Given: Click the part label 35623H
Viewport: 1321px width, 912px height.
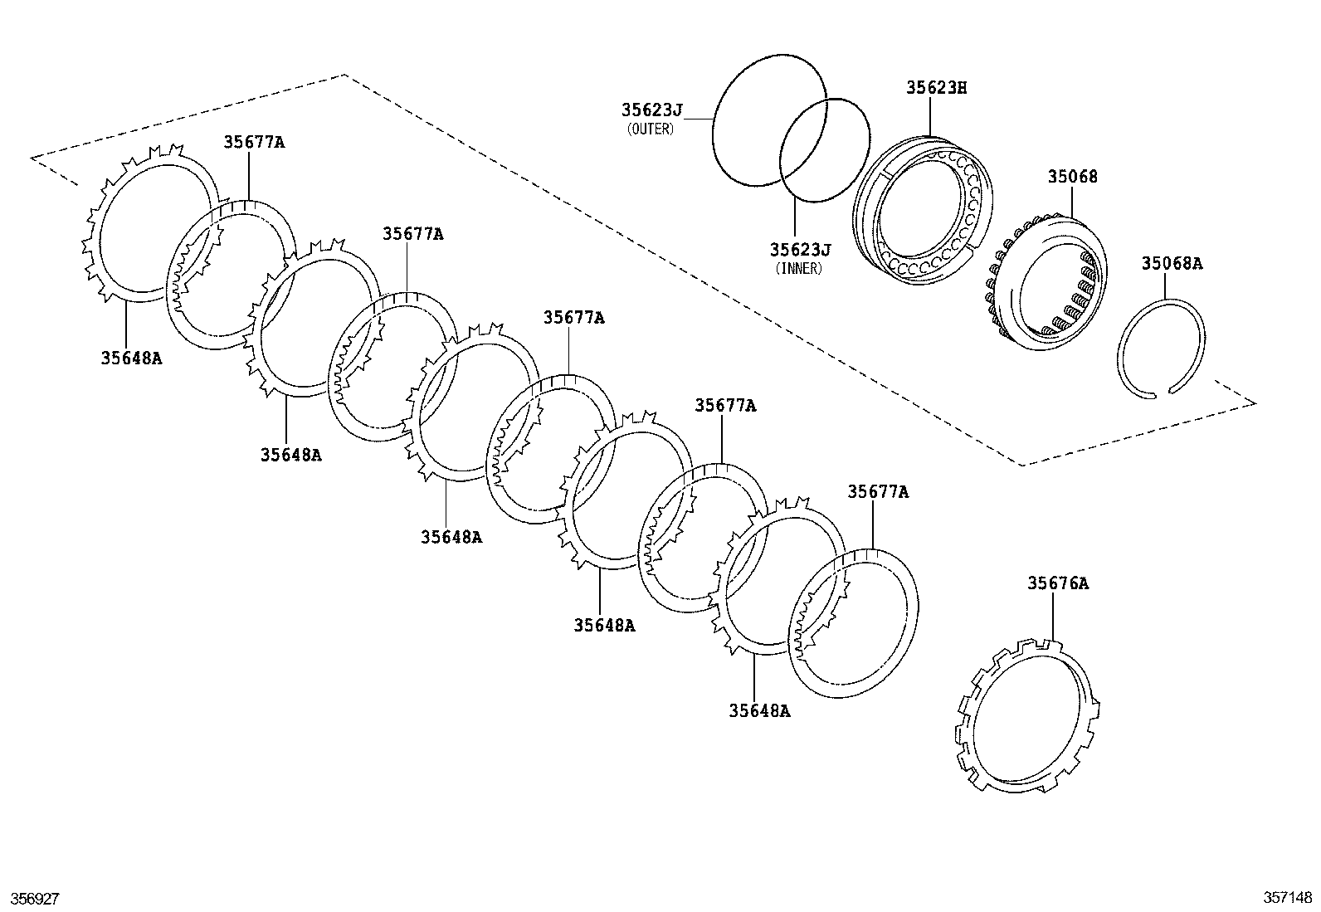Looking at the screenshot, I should point(936,88).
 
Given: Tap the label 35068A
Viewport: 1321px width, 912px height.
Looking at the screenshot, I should point(1171,264).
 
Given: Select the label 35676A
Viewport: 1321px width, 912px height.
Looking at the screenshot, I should point(1057,583).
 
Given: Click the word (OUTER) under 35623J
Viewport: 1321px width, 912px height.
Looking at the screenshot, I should point(651,129).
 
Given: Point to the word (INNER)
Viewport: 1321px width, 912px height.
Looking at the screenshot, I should point(798,269).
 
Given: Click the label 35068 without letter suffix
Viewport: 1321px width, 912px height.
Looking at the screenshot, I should point(1072,177).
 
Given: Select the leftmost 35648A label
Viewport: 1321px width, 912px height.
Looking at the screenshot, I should point(131,358).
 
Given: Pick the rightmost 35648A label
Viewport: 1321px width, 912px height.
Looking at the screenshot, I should point(759,710).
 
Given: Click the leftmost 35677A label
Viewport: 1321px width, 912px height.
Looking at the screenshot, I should point(253,142).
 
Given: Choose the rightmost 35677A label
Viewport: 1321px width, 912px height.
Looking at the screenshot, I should point(877,492).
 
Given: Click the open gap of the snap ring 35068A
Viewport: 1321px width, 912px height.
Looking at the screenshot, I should point(1160,392).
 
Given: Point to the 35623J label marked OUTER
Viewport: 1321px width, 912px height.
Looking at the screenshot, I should point(651,110).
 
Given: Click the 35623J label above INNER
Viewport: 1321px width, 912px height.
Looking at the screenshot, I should point(799,250).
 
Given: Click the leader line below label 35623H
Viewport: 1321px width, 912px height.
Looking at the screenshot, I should point(931,116).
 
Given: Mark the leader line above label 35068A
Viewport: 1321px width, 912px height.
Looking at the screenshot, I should point(1165,287).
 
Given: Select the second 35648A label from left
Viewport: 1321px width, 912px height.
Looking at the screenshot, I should point(290,455).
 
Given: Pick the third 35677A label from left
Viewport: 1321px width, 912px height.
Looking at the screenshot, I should point(573,318).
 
